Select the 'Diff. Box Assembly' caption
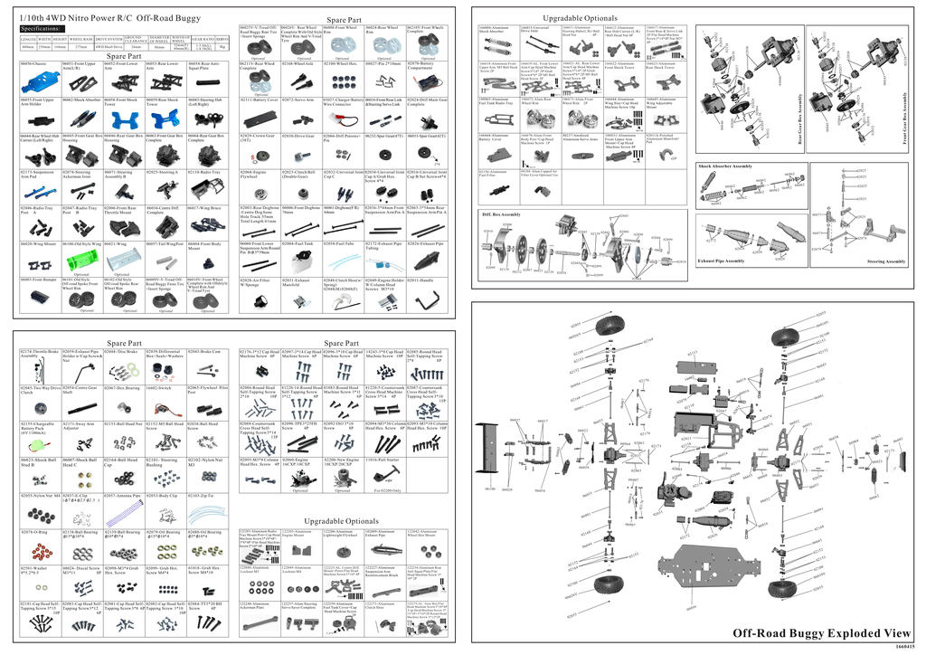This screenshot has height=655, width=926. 501,214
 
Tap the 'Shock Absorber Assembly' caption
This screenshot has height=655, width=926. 725,166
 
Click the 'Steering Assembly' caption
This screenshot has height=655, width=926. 885,261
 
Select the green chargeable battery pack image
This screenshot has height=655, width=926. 37,443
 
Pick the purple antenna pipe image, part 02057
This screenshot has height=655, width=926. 123,513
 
